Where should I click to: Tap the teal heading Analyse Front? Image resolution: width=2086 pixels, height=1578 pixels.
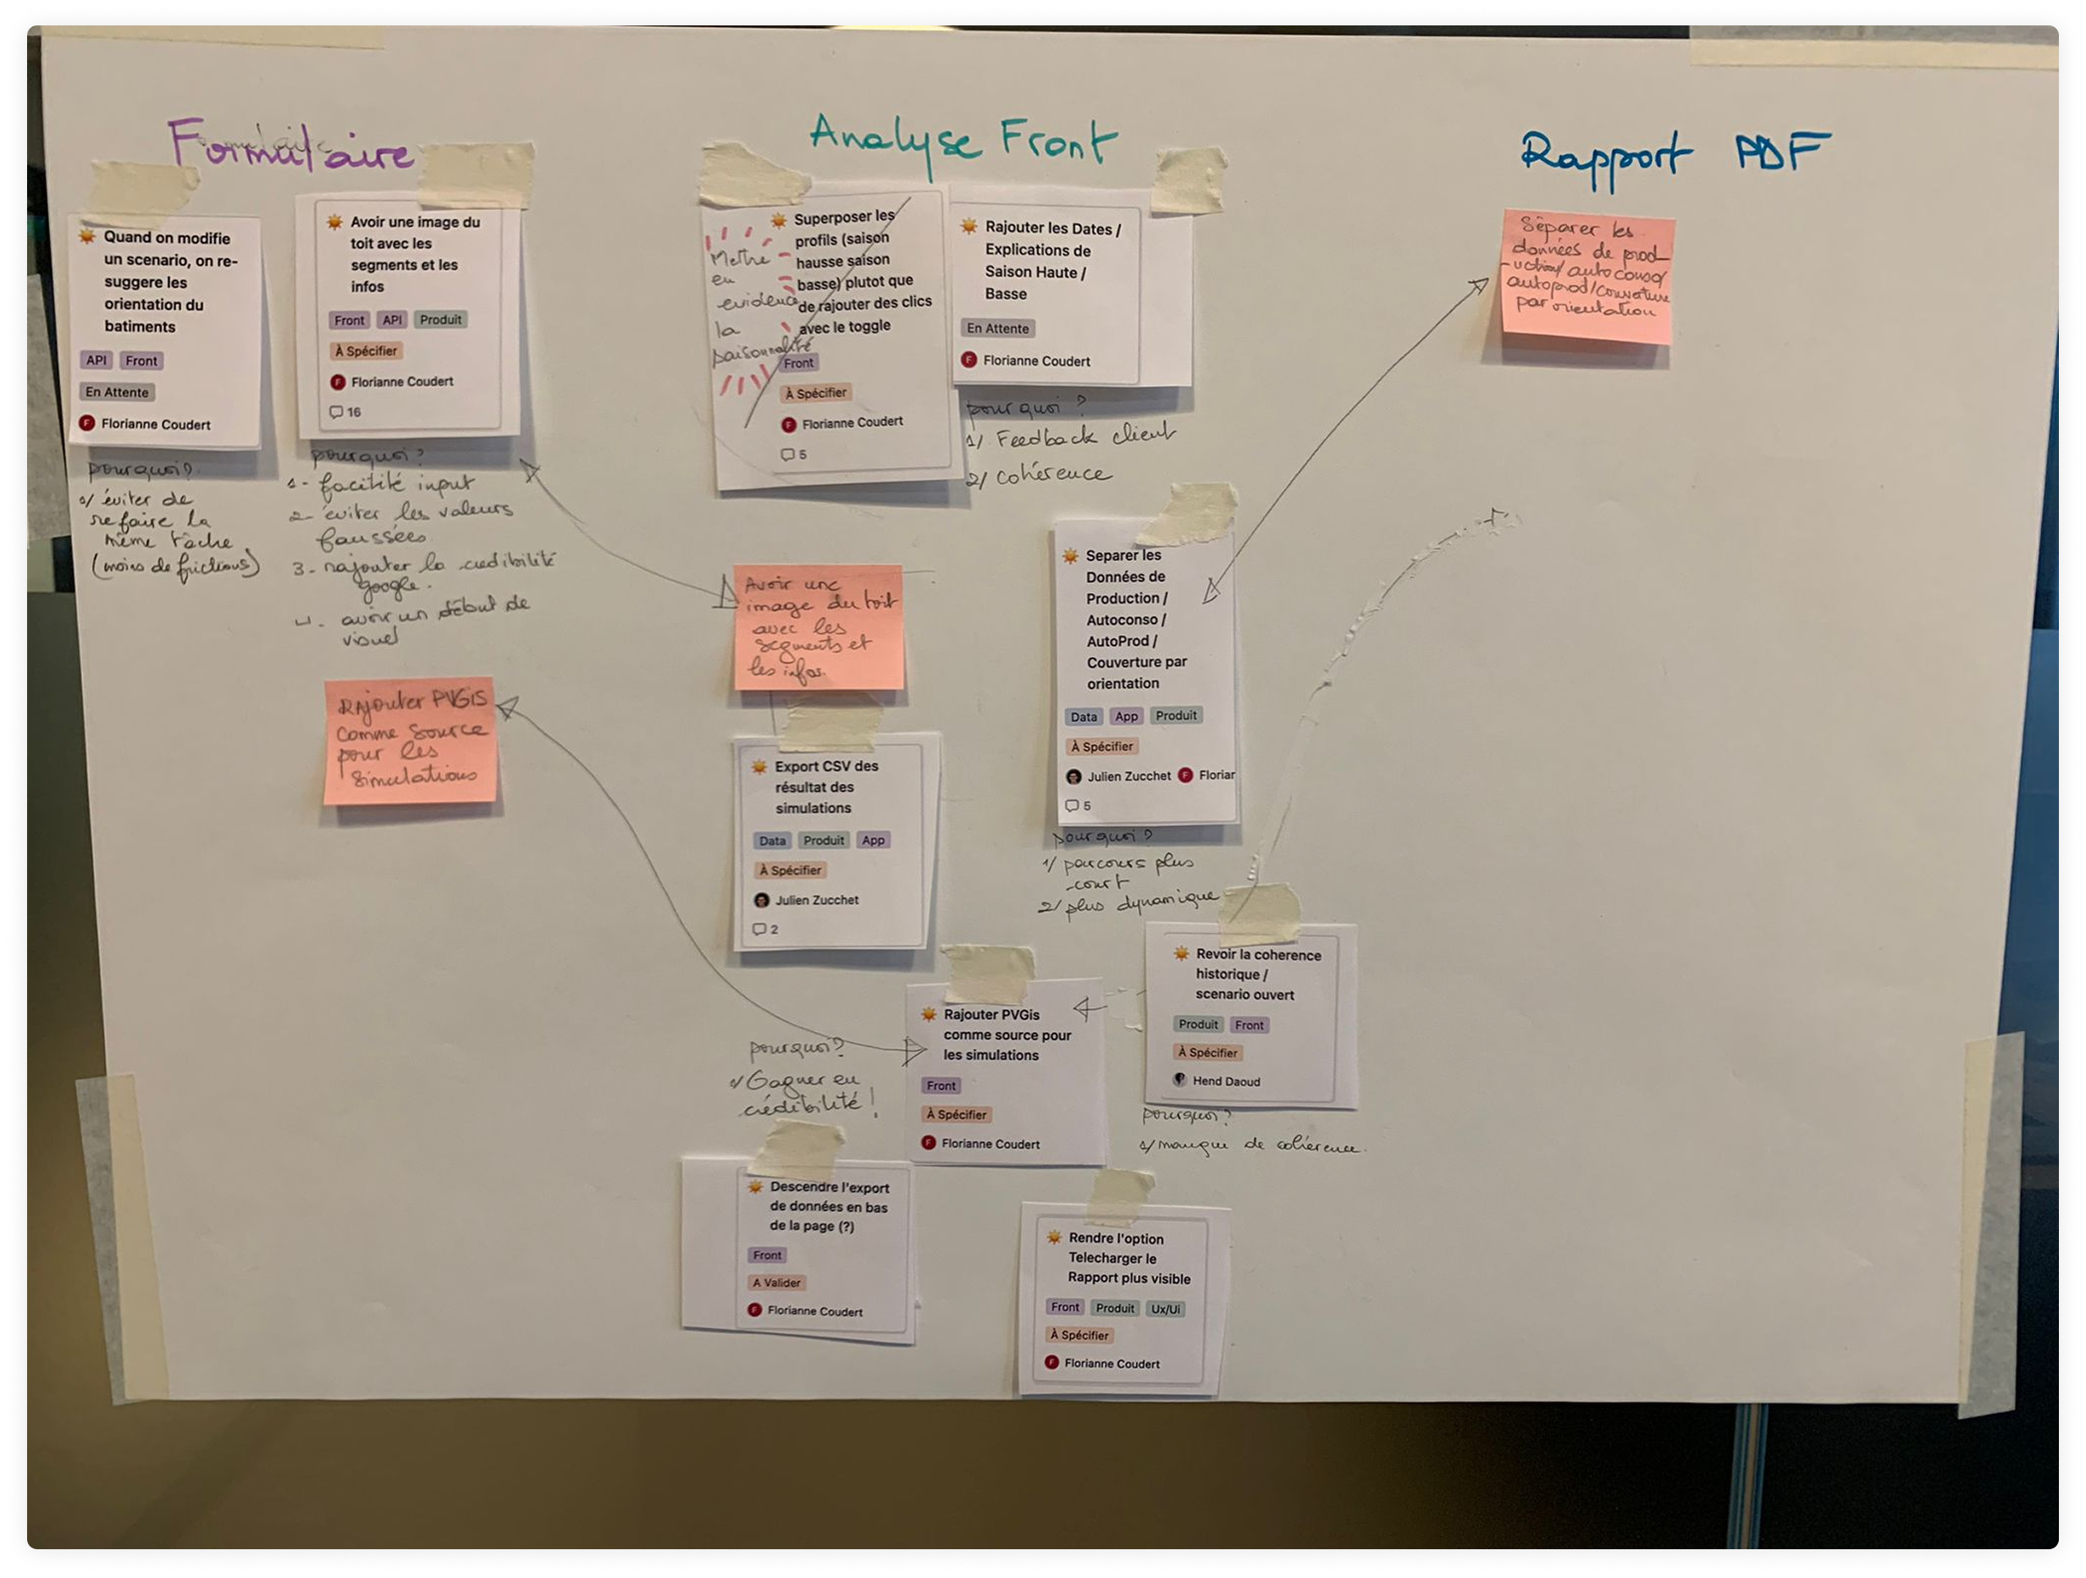tap(962, 141)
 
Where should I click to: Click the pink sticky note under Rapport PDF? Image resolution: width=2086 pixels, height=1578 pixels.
tap(1587, 275)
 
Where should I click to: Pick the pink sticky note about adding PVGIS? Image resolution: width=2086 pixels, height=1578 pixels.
tap(411, 742)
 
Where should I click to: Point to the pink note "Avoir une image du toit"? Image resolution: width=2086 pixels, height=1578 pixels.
tap(818, 626)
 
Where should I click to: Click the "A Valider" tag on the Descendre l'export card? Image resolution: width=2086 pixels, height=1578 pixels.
tap(776, 1283)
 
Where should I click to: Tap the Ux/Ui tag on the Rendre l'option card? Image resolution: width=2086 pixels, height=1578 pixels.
tap(1166, 1308)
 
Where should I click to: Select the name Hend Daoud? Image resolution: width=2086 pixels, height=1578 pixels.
tap(1226, 1081)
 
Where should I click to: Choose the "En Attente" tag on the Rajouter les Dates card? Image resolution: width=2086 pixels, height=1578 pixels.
tap(996, 328)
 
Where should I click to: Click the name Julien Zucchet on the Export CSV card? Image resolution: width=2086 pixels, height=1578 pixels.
tap(816, 900)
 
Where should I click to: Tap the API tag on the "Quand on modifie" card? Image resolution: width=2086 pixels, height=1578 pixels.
tap(97, 361)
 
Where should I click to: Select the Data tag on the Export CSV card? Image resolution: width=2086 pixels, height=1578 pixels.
tap(771, 841)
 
